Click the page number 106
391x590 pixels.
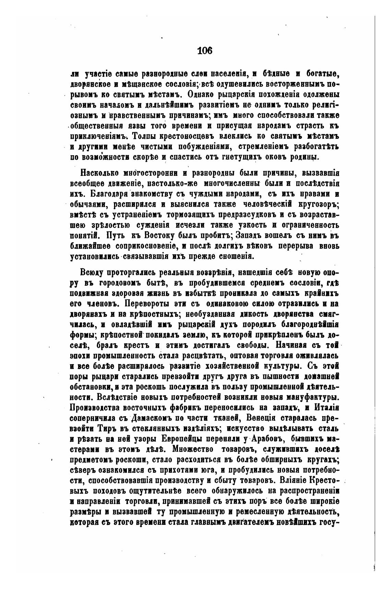[x=205, y=51]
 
